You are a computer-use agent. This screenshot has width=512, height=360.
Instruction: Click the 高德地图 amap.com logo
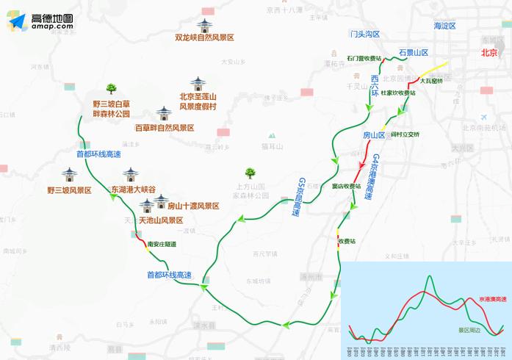[43, 21]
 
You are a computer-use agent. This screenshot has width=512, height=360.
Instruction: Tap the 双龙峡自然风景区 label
[204, 37]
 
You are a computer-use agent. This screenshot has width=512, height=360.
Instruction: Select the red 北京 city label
[489, 52]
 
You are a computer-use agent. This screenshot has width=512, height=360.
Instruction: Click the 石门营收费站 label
[364, 58]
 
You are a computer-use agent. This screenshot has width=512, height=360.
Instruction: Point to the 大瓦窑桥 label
[430, 81]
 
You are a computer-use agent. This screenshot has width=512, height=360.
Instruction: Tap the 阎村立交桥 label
[405, 134]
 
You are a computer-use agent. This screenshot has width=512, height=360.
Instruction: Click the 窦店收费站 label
[347, 186]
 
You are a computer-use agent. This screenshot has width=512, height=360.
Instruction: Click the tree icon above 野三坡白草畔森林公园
[112, 88]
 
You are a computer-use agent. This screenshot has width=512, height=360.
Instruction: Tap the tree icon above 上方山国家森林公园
[250, 173]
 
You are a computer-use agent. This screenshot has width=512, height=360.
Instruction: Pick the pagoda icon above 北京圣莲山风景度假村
[198, 83]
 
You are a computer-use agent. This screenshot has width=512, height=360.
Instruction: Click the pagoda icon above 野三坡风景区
[70, 176]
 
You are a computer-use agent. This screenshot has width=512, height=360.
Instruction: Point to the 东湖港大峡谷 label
[133, 189]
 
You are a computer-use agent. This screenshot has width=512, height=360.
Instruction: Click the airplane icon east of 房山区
[483, 118]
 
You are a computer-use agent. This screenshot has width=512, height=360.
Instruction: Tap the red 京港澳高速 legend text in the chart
[491, 300]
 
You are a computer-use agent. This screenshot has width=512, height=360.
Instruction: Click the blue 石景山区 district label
[413, 52]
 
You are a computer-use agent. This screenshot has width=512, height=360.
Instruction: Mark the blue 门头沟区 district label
[365, 34]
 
